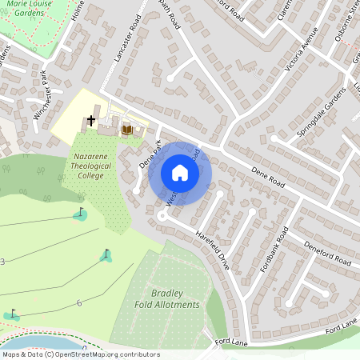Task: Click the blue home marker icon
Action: tap(180, 173)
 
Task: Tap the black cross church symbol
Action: tap(91, 121)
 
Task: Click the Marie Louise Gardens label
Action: tap(30, 8)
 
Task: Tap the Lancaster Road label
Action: tap(129, 56)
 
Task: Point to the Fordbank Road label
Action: tap(272, 250)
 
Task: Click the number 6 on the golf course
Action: tap(79, 303)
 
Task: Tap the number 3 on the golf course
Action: tap(2, 262)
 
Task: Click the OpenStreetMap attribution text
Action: tap(81, 354)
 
